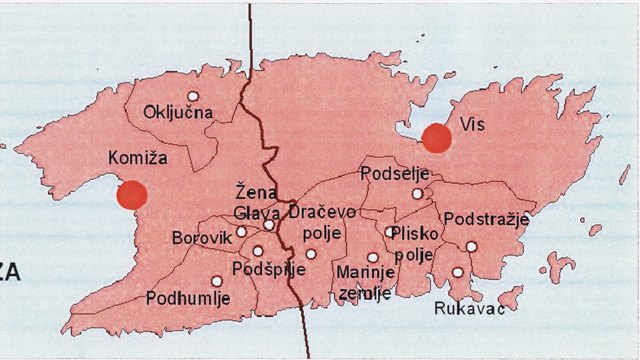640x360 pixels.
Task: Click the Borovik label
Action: (x=201, y=239)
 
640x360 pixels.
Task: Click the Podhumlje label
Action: (x=188, y=298)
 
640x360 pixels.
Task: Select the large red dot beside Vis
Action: (x=436, y=138)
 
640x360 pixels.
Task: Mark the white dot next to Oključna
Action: (x=194, y=97)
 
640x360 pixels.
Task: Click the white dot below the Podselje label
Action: (x=418, y=194)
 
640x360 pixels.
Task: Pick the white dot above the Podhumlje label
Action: (x=217, y=281)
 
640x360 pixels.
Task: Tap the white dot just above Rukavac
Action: (x=457, y=272)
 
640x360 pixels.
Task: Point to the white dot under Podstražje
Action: (x=471, y=246)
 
